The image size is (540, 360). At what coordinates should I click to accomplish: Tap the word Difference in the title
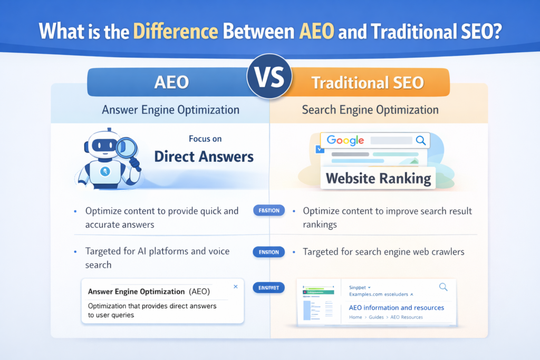point(176,31)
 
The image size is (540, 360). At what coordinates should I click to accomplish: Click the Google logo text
point(345,140)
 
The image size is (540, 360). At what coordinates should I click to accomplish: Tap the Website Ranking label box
point(378,178)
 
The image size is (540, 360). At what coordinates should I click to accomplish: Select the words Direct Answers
point(204,157)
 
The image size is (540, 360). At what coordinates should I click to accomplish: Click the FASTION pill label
point(269,211)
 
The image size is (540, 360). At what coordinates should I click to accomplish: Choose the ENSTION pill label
point(269,252)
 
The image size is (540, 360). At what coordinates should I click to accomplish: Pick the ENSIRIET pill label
point(269,288)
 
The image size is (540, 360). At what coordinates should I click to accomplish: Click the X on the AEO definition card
point(235,287)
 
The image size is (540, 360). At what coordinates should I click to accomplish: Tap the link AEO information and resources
point(396,307)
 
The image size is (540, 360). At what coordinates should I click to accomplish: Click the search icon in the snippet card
point(443,287)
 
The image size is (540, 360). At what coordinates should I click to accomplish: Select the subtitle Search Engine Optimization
point(370,110)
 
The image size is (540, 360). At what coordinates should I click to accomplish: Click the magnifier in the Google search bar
point(420,140)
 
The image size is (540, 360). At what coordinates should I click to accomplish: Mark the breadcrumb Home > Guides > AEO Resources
point(385,317)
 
